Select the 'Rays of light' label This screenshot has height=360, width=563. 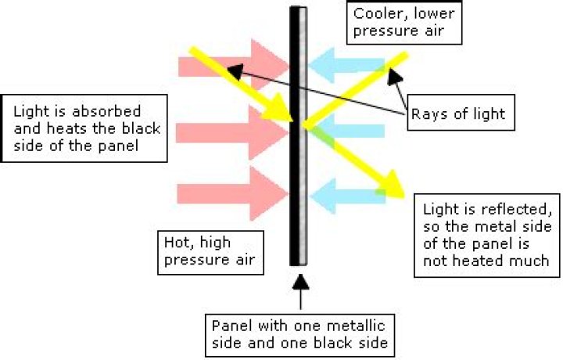(457, 114)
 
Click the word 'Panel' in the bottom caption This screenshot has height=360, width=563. (228, 325)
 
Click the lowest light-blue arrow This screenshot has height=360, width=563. (344, 193)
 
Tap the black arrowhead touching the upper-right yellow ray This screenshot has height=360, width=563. (395, 74)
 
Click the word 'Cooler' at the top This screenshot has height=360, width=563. (375, 13)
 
